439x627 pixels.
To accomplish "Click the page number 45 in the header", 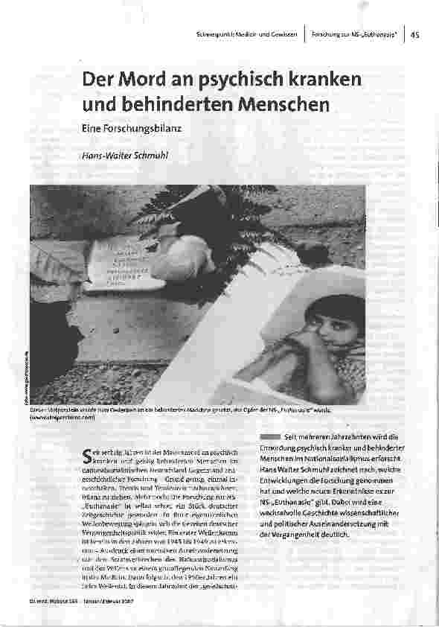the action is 415,35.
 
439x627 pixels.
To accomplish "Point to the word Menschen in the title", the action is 283,104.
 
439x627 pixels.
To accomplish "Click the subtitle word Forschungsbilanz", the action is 141,129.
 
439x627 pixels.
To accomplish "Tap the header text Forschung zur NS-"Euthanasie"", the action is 353,35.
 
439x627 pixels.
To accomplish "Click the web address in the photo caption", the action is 64,418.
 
